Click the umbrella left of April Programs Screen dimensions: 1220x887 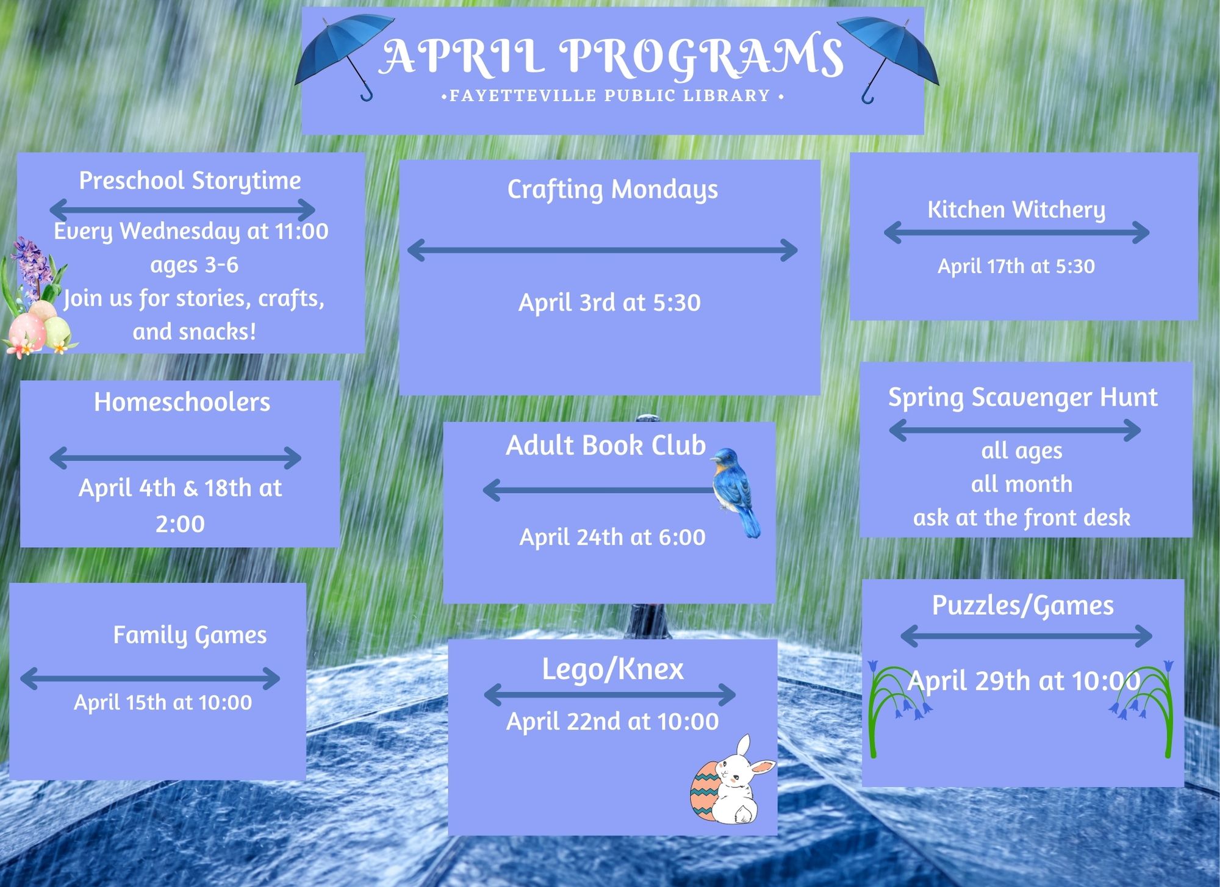(x=345, y=52)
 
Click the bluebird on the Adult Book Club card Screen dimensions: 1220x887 (x=736, y=491)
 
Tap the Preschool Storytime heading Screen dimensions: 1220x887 (x=190, y=181)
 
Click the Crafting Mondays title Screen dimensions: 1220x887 (x=612, y=190)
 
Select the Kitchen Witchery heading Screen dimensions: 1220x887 (x=1016, y=210)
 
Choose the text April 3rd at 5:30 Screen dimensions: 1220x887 (x=609, y=303)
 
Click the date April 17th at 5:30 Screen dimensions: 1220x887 (x=1016, y=266)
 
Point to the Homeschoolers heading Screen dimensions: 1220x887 (x=182, y=402)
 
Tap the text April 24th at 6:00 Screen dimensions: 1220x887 (x=612, y=537)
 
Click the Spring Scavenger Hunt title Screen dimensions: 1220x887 (x=1022, y=398)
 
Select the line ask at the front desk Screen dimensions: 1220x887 (x=1022, y=518)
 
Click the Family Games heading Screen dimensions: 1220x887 (x=190, y=636)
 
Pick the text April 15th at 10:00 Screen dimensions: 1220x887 (x=163, y=702)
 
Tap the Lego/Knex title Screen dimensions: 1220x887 (x=612, y=669)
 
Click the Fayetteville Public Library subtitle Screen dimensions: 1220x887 (x=612, y=96)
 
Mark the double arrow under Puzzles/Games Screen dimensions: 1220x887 (x=1026, y=636)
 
